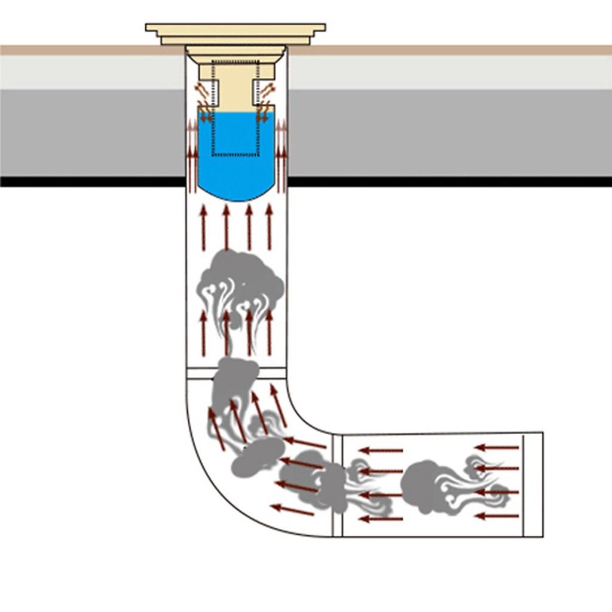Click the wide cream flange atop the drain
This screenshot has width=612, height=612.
(235, 27)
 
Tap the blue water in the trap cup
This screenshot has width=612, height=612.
(235, 173)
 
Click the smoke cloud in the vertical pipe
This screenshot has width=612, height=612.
(239, 281)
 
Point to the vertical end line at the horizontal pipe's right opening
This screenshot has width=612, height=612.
(524, 484)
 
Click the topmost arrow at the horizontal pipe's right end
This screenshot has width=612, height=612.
(497, 447)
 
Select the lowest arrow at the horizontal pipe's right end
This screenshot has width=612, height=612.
(497, 516)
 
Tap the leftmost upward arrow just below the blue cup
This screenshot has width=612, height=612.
(203, 227)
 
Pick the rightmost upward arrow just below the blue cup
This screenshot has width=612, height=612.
(270, 227)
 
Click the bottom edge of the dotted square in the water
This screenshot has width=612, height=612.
(235, 155)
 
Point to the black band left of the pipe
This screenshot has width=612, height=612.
(90, 181)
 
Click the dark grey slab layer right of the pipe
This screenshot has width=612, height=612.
(448, 131)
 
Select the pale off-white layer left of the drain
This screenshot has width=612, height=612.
(90, 72)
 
